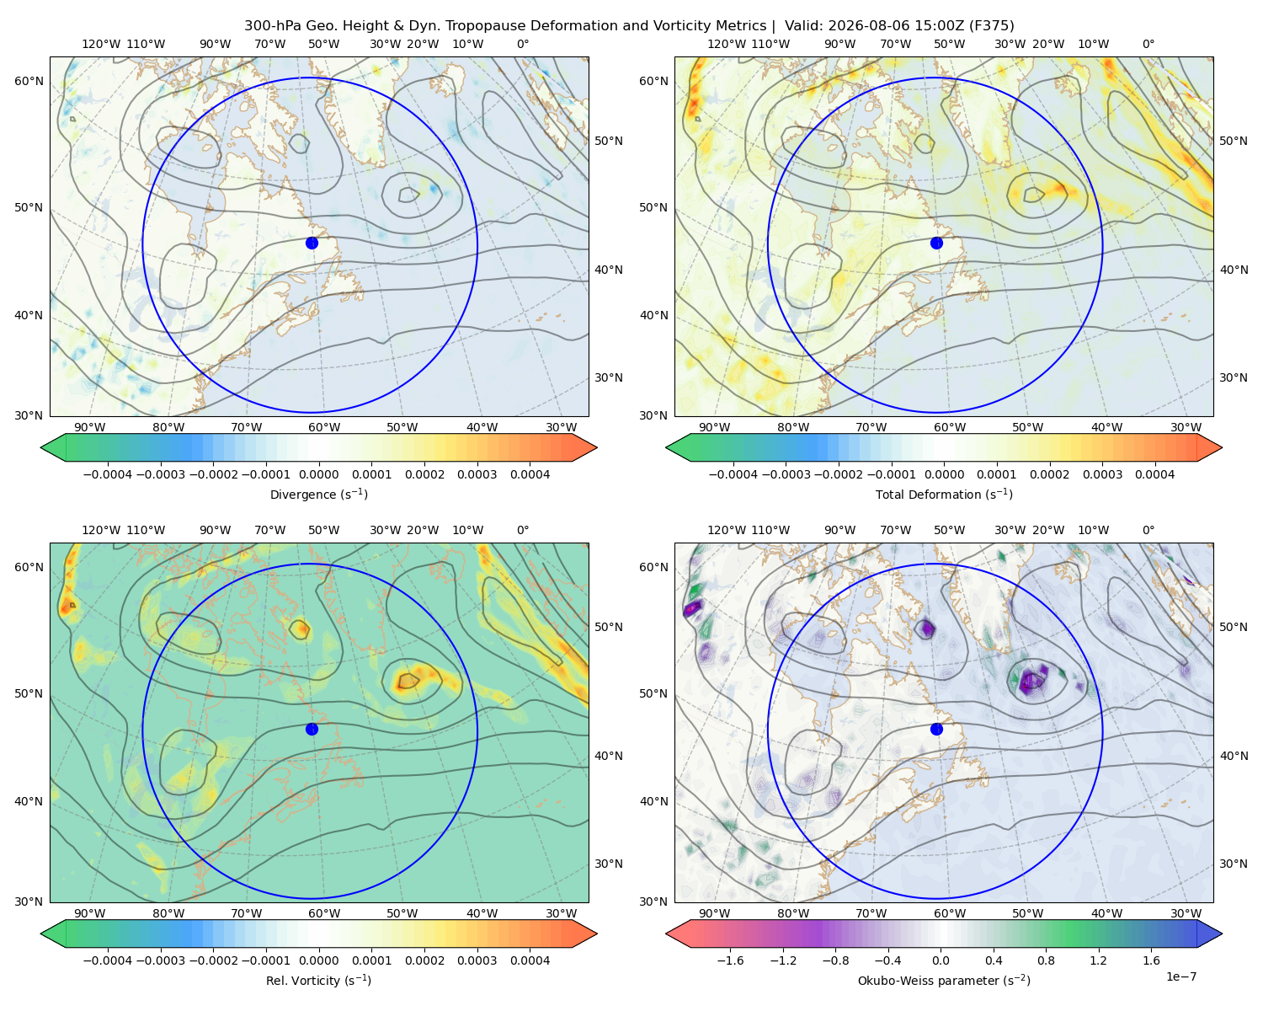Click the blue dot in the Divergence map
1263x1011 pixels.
coord(312,243)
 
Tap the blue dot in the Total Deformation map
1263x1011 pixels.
coord(936,243)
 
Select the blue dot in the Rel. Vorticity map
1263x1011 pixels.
coord(312,729)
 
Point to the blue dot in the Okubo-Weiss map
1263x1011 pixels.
coord(936,729)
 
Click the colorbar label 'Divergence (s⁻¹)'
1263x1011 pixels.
coord(318,494)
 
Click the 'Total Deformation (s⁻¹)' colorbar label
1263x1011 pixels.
coord(944,494)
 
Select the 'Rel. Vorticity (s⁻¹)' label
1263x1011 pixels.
coord(318,980)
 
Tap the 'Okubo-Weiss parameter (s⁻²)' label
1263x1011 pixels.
coord(944,980)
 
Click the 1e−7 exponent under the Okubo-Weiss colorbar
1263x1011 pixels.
coord(1180,976)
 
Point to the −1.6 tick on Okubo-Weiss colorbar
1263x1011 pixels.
coord(730,960)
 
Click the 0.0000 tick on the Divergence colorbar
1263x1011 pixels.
coord(318,474)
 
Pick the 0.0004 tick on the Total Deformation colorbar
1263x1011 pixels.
coord(1154,474)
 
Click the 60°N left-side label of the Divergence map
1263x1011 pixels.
coord(29,81)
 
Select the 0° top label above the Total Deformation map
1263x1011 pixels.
coord(1148,44)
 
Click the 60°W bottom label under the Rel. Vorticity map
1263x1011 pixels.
coord(324,913)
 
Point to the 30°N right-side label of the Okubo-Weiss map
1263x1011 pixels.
coord(1233,863)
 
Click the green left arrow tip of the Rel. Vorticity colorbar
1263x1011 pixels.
coord(42,933)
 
